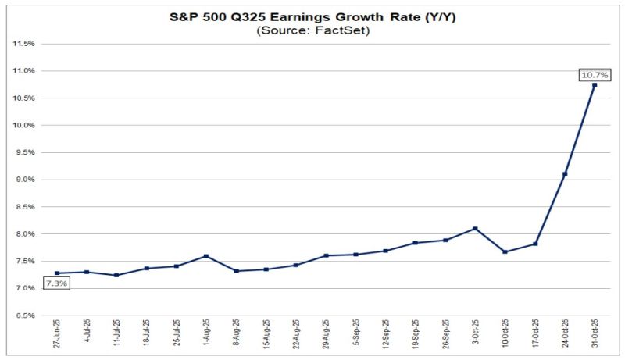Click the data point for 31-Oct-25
point(595,84)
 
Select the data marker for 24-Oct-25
point(565,173)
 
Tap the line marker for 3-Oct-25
point(475,229)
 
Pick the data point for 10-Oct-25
point(505,251)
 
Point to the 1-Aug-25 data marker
point(205,256)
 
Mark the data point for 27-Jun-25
point(56,273)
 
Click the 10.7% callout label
point(595,74)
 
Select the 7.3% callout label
point(56,283)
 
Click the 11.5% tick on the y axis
point(24,44)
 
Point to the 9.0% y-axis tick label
point(24,180)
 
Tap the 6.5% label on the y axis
point(24,315)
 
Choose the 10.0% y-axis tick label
point(24,125)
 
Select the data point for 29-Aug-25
point(326,255)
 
